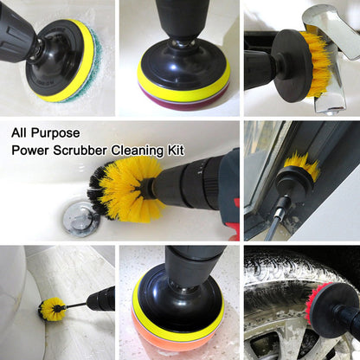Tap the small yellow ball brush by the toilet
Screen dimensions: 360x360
51,308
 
